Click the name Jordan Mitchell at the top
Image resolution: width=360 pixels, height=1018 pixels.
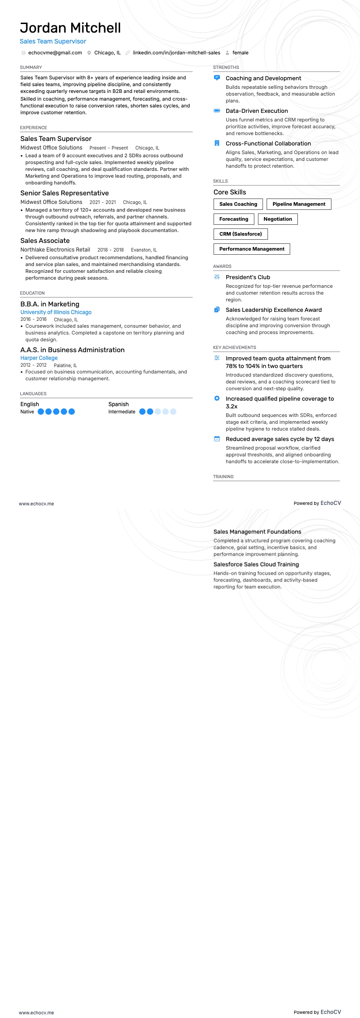70,28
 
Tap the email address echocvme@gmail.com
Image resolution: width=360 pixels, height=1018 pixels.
55,53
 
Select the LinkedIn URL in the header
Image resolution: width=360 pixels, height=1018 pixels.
176,53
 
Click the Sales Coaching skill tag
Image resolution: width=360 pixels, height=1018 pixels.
238,204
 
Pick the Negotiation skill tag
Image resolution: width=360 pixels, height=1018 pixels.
277,219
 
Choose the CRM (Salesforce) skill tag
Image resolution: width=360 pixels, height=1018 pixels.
240,234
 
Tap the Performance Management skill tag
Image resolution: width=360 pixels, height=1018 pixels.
252,249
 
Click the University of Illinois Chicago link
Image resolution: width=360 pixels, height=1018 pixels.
56,312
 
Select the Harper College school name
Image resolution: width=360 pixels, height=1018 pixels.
39,358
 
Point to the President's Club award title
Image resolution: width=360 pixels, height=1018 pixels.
248,277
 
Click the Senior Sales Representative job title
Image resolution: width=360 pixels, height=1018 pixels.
64,193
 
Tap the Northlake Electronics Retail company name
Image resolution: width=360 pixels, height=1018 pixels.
55,250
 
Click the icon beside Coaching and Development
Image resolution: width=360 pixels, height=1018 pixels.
217,78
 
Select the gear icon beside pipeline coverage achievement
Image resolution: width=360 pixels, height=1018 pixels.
217,398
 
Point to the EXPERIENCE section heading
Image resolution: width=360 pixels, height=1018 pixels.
34,128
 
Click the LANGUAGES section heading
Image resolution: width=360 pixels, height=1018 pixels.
33,394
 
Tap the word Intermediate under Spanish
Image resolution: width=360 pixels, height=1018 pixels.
122,412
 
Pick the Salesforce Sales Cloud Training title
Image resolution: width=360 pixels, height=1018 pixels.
256,564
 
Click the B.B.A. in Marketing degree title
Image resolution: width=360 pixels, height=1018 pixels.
50,304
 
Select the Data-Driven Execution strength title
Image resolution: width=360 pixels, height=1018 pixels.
257,111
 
